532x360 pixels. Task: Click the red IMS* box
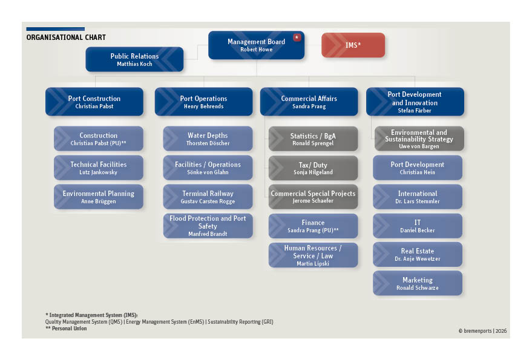tap(353, 45)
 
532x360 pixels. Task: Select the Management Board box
tap(256, 45)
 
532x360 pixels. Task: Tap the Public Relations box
tap(134, 59)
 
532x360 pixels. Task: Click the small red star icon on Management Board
tap(297, 38)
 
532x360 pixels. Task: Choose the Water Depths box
tap(208, 139)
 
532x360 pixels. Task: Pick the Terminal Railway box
tap(208, 197)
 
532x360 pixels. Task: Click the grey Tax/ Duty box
tap(313, 168)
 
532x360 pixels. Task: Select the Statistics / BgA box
tap(313, 139)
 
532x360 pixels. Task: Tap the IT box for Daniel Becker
tap(418, 226)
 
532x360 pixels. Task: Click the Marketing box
tap(418, 283)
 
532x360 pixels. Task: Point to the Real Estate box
tap(418, 255)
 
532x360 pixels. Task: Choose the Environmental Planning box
tap(99, 197)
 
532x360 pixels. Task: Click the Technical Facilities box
tap(99, 168)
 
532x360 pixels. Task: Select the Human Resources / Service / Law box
tap(313, 255)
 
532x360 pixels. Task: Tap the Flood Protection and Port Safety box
tap(208, 226)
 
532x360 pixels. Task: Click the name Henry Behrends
tap(203, 106)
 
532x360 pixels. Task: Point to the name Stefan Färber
tap(415, 110)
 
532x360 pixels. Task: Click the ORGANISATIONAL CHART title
tap(66, 38)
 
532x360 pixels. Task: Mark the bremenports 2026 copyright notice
tap(482, 331)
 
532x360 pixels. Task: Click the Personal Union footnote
tap(66, 329)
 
